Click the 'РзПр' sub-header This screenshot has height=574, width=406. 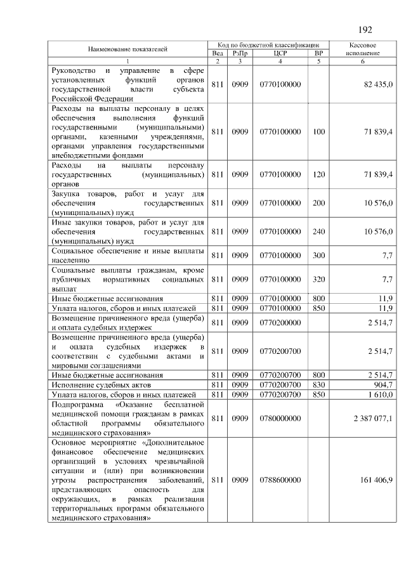tap(240, 54)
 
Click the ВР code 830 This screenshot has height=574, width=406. tap(318, 384)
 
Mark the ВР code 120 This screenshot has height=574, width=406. tap(318, 174)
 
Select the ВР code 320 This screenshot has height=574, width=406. tap(318, 279)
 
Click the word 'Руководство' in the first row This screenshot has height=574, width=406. tap(74, 68)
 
